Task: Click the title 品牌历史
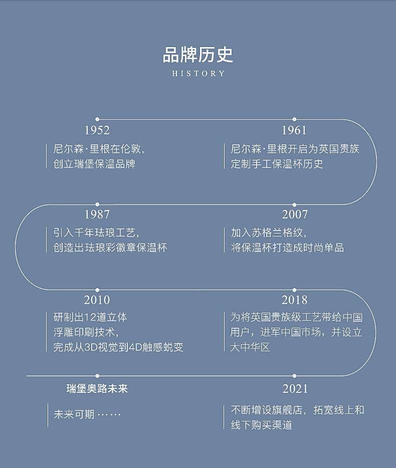pos(198,55)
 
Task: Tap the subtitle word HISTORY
pos(199,74)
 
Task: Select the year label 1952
pos(97,130)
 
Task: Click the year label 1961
pos(294,130)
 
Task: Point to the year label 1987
pos(97,214)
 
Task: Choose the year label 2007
pos(294,214)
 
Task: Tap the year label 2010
pos(97,300)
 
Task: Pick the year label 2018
pos(294,300)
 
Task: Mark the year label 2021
pos(294,389)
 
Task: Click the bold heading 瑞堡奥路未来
pos(97,389)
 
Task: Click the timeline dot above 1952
pos(97,119)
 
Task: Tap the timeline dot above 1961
pos(294,119)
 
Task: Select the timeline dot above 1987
pos(97,204)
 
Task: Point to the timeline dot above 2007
pos(294,204)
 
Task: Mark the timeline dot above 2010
pos(97,290)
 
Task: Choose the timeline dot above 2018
pos(294,290)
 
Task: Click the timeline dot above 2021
pos(294,375)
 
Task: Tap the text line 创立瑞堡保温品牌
pos(94,164)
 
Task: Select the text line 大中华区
pos(250,347)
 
